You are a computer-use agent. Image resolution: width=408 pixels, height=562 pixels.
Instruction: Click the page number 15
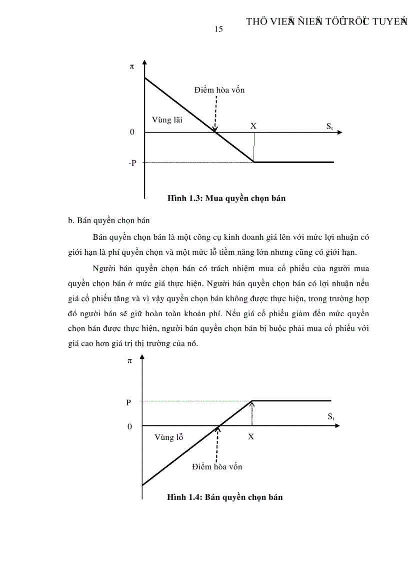click(x=218, y=29)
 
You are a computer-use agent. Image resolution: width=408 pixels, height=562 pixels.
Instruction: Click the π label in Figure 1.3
click(x=132, y=66)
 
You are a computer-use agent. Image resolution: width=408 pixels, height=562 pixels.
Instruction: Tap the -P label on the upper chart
click(x=132, y=163)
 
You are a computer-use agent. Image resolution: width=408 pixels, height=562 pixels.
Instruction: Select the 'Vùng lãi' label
click(x=167, y=120)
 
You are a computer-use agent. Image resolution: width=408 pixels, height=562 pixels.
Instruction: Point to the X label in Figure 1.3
click(x=253, y=126)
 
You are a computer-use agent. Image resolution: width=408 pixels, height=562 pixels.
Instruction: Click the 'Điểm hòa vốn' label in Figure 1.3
click(x=219, y=90)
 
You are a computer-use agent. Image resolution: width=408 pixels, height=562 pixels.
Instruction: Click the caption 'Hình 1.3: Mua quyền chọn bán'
click(x=226, y=198)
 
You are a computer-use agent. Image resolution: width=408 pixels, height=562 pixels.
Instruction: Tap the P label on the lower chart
click(x=128, y=402)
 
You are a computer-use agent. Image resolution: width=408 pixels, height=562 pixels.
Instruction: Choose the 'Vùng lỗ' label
click(x=168, y=437)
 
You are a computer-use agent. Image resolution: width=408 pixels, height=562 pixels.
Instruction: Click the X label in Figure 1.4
click(x=251, y=436)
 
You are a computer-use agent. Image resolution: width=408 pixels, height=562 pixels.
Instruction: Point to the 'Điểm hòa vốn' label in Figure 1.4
click(x=217, y=467)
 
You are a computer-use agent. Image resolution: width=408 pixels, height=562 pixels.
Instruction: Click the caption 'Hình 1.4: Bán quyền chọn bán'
click(x=225, y=497)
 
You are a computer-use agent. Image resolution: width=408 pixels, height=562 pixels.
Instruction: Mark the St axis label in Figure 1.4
click(x=331, y=416)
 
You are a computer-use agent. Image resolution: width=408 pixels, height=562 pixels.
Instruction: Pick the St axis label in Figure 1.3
click(x=330, y=127)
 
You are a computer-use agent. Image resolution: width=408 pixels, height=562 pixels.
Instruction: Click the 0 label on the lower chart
click(x=129, y=426)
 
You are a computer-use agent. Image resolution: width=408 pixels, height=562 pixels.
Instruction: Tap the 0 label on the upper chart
click(x=132, y=133)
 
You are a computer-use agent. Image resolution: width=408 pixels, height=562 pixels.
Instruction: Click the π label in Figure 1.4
click(x=129, y=360)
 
